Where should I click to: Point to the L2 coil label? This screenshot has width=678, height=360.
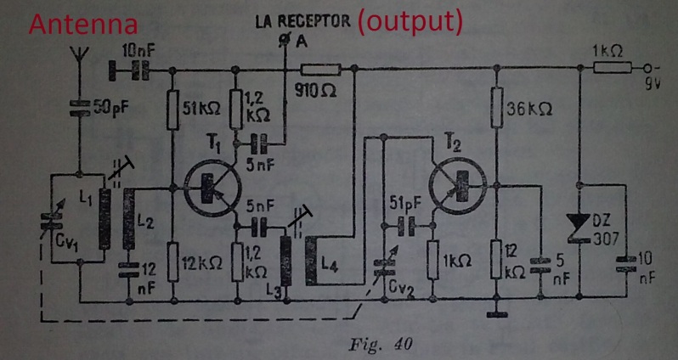pos(144,224)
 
